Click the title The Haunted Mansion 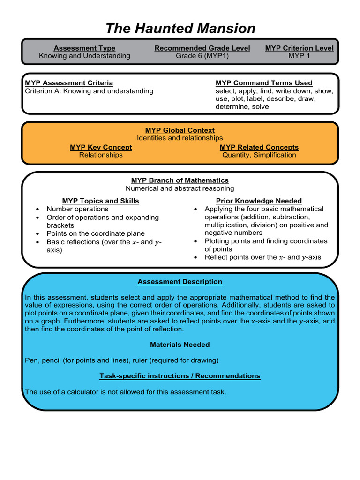(180, 28)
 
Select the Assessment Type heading (84, 48)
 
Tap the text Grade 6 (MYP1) (202, 56)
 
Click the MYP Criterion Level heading (299, 48)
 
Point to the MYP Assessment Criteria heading (69, 83)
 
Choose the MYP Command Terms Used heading (264, 83)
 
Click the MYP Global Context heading (180, 130)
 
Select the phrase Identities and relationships (180, 138)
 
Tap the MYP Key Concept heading (101, 147)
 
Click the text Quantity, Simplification (259, 155)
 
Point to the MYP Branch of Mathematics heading (180, 180)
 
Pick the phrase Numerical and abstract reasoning (180, 188)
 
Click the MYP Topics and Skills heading (100, 201)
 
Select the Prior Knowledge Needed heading (259, 201)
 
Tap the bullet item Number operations (77, 209)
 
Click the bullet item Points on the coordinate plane (96, 233)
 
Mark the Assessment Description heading (180, 282)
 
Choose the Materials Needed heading (180, 345)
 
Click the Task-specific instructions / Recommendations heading (180, 376)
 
